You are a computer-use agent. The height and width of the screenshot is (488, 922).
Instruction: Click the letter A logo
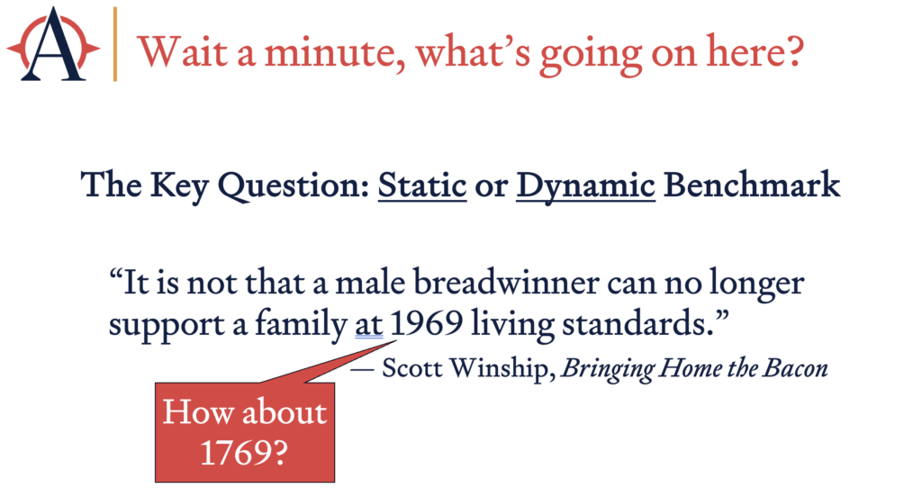(x=53, y=45)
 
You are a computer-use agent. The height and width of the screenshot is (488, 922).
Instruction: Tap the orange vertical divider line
(x=115, y=44)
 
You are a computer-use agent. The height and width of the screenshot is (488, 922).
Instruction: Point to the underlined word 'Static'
(x=422, y=185)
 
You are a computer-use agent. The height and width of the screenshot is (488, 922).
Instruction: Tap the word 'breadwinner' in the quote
(x=506, y=283)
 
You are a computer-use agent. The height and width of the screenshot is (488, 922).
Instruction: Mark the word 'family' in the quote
(x=301, y=325)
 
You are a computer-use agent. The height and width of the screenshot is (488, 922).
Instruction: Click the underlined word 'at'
(x=368, y=325)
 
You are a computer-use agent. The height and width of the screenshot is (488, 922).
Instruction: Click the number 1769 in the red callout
(x=243, y=453)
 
